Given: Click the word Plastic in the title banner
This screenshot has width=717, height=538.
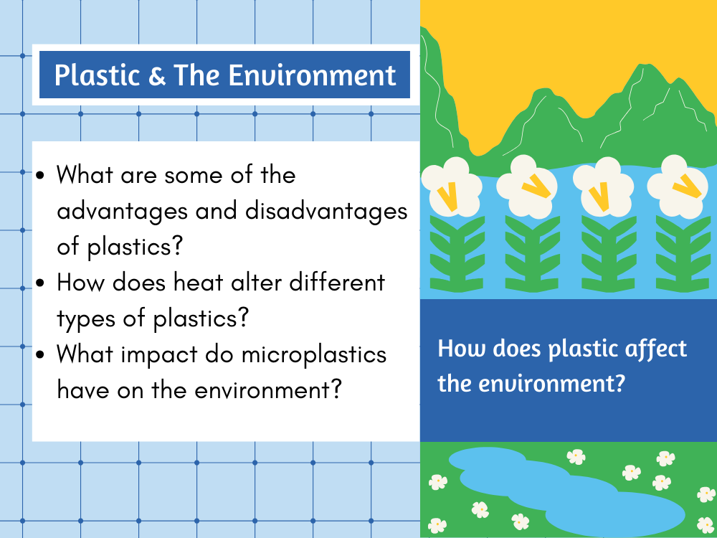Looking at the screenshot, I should [x=96, y=75].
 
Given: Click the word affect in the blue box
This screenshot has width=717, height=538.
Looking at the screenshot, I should [x=656, y=349].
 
